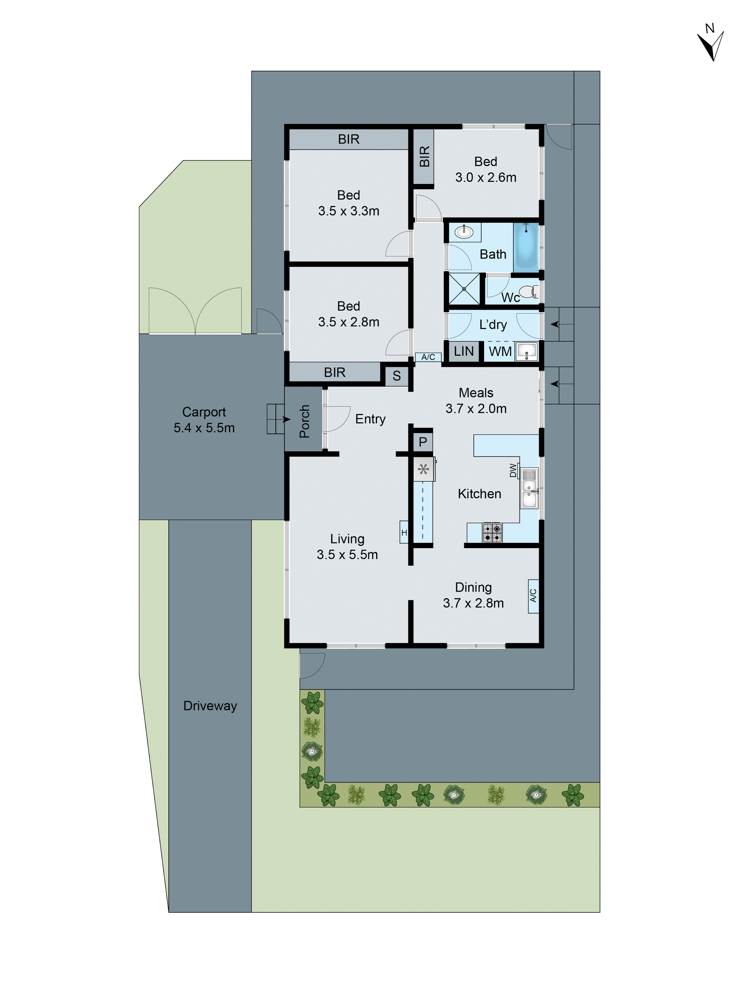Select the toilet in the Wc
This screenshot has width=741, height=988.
(528, 292)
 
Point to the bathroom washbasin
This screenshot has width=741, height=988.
(464, 232)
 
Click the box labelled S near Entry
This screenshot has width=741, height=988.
(396, 376)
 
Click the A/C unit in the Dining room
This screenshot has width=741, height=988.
(533, 596)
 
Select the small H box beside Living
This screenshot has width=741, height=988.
(404, 532)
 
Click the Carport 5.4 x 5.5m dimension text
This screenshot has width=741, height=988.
(204, 428)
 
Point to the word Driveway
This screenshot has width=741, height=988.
(210, 706)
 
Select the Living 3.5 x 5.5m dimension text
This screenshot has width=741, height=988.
(347, 554)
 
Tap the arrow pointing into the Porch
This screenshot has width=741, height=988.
(286, 419)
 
